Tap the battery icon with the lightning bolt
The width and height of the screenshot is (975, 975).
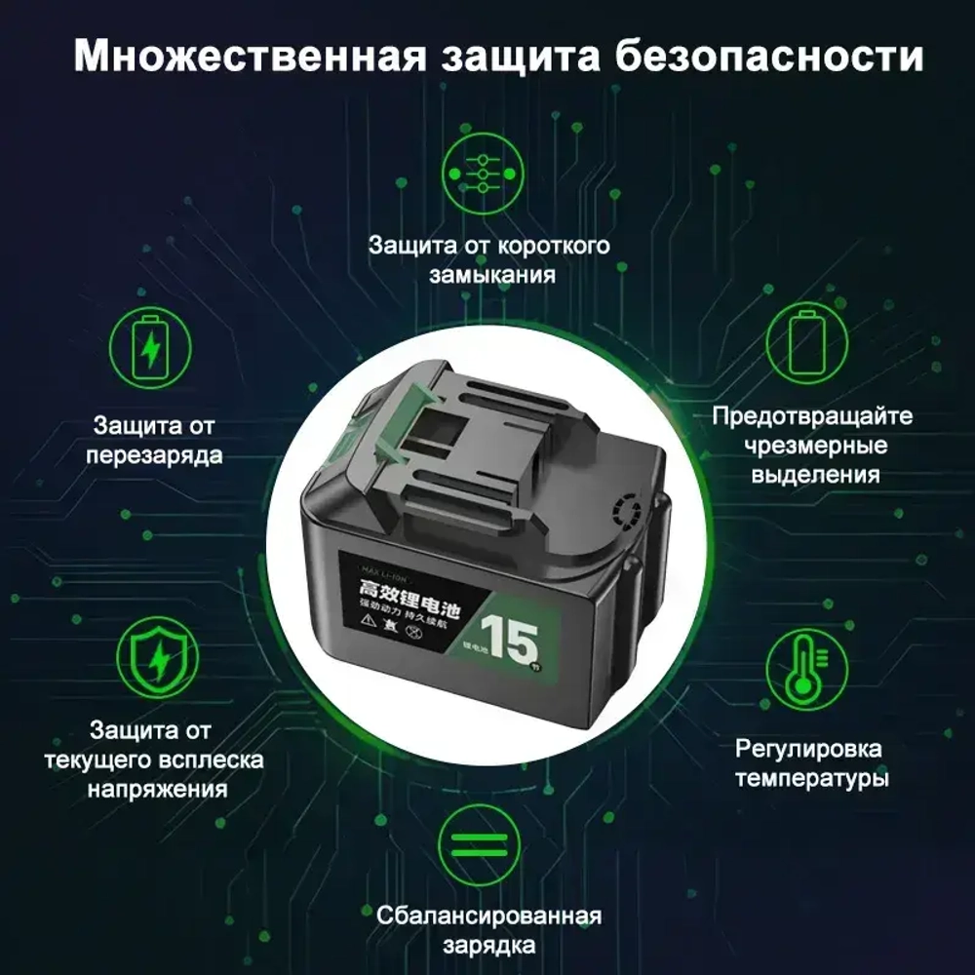click(x=151, y=344)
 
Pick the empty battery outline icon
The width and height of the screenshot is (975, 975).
click(x=805, y=344)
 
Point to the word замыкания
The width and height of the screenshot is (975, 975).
click(x=492, y=274)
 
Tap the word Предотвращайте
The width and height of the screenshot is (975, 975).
click(x=811, y=416)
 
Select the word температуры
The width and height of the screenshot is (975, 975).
click(x=811, y=780)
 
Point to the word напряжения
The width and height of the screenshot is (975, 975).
click(x=157, y=790)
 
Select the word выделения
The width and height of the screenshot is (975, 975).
click(x=811, y=475)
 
